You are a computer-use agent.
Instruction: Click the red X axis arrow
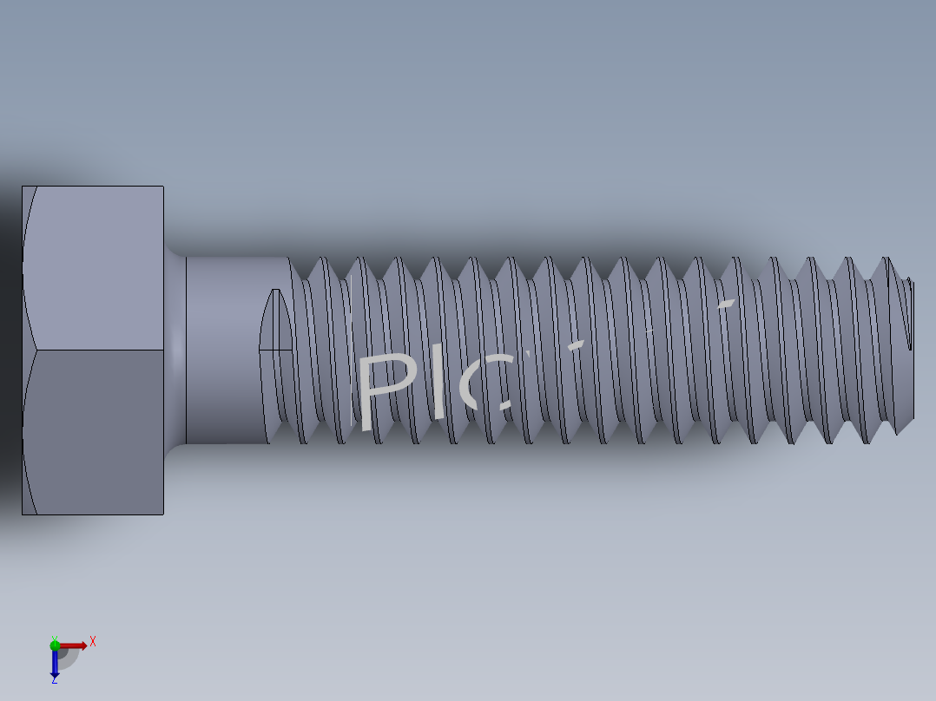74,645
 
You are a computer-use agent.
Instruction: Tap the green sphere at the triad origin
54,644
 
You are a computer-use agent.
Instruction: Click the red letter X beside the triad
92,642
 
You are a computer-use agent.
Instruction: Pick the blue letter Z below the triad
54,680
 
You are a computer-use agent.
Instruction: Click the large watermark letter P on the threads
386,390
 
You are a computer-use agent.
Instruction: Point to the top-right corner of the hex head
163,187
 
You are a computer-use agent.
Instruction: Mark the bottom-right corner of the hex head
163,514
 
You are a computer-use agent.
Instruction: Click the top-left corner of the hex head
23,187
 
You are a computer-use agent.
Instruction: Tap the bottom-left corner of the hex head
23,514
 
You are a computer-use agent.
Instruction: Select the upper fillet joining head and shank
175,251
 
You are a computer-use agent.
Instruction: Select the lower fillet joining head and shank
175,449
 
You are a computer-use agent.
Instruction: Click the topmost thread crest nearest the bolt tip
886,258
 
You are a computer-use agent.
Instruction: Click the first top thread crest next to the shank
320,258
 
